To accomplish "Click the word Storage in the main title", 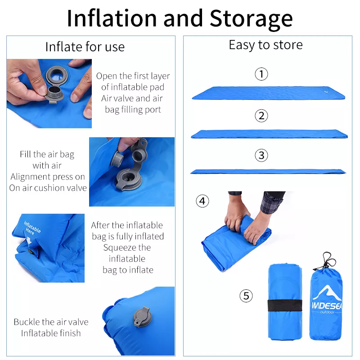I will pyautogui.click(x=251, y=18).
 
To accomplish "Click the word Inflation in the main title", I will pyautogui.click(x=111, y=18).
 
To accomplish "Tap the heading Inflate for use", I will pyautogui.click(x=85, y=46).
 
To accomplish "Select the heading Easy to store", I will pyautogui.click(x=265, y=45).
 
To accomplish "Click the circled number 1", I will pyautogui.click(x=261, y=74).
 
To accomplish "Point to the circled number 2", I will pyautogui.click(x=261, y=116).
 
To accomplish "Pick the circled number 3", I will pyautogui.click(x=261, y=156).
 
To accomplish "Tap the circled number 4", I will pyautogui.click(x=202, y=201).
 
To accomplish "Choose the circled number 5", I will pyautogui.click(x=246, y=296).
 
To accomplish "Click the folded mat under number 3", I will pyautogui.click(x=268, y=171).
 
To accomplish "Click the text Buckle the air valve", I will pyautogui.click(x=51, y=322).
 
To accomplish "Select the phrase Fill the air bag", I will pyautogui.click(x=47, y=154).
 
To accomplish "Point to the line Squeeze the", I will pyautogui.click(x=127, y=247).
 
